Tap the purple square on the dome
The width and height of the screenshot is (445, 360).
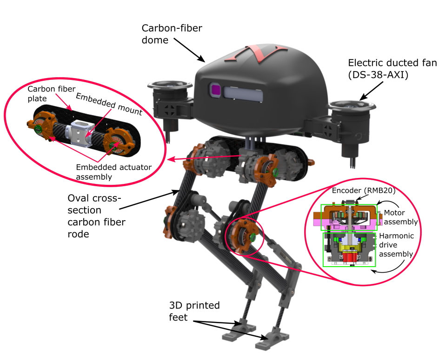point(215,90)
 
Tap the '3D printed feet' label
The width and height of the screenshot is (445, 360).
point(194,311)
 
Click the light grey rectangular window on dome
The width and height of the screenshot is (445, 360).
point(243,92)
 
